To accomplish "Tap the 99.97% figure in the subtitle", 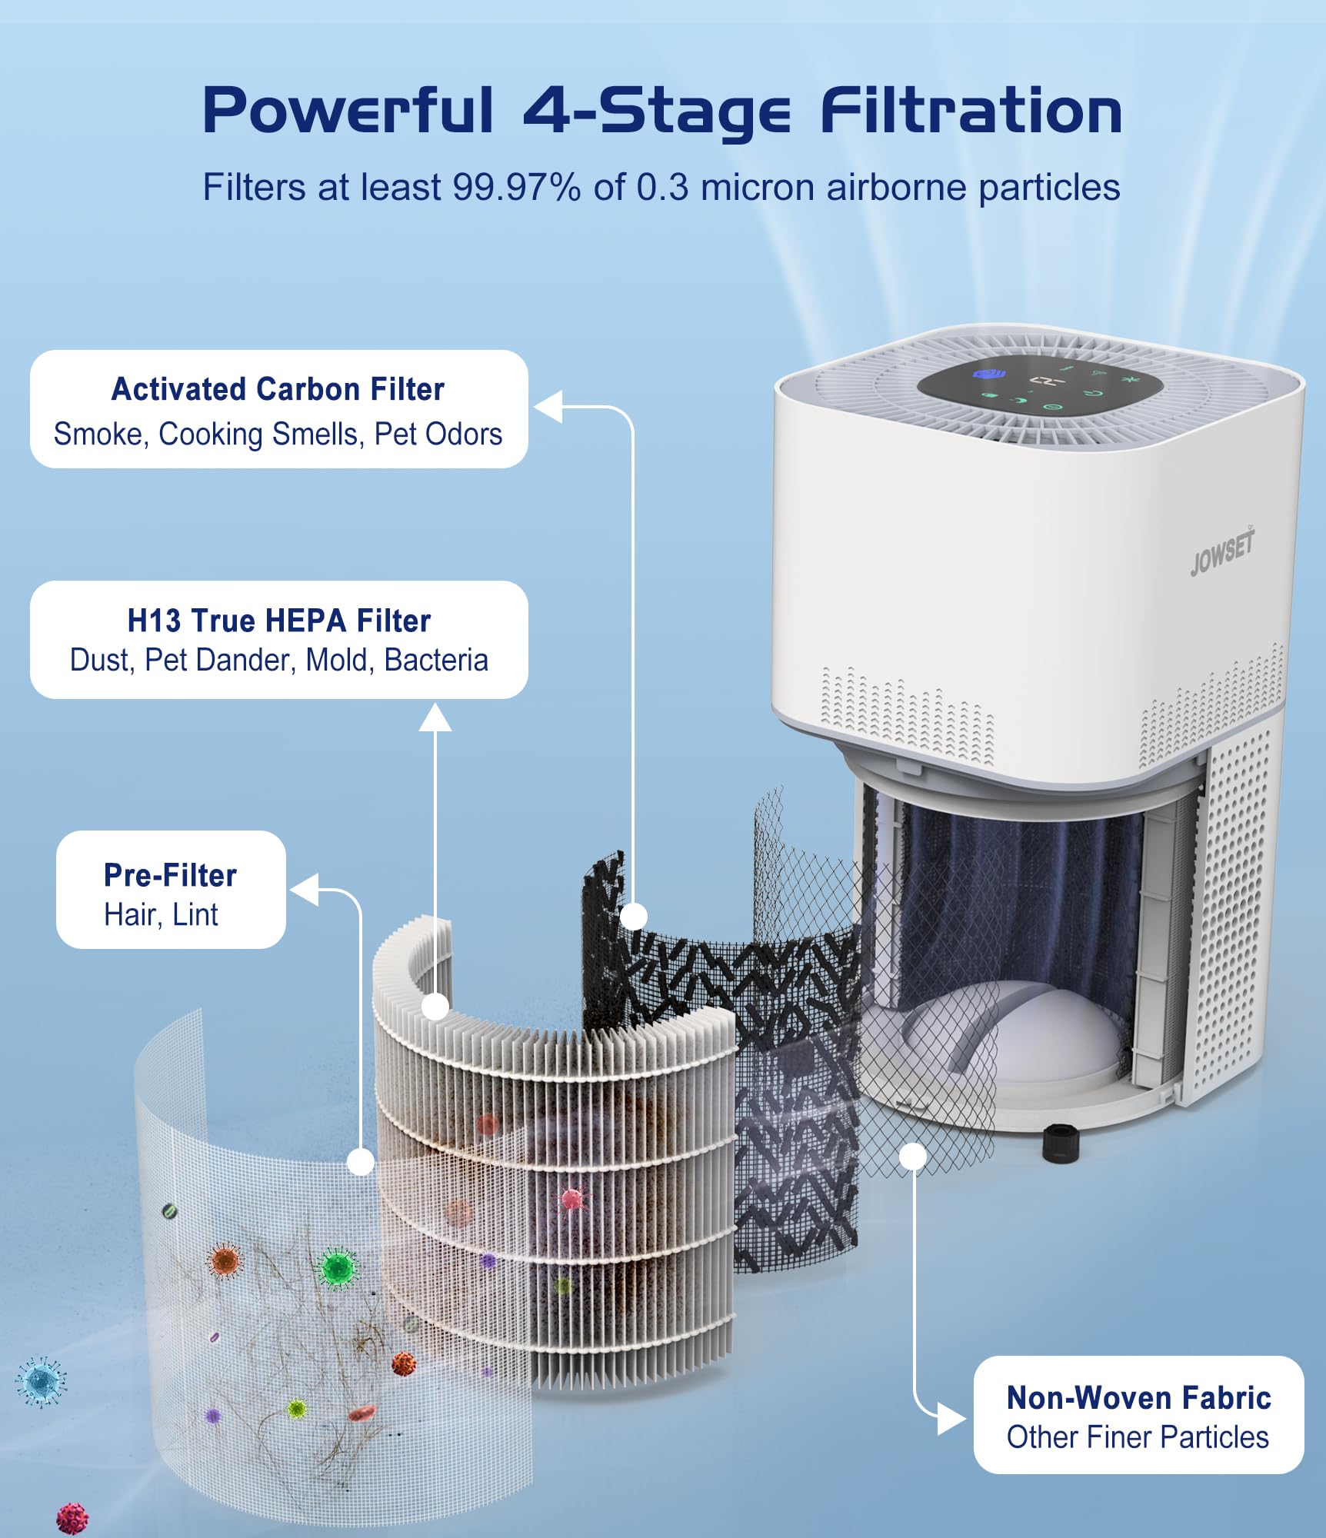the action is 517,187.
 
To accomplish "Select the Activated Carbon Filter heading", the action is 278,389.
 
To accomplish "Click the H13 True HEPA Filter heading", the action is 278,621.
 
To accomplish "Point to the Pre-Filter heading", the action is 170,875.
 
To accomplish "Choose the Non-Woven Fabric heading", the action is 1138,1397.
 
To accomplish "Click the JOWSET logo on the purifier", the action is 1222,551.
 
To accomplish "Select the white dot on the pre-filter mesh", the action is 360,1161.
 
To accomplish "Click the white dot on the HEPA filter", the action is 435,1006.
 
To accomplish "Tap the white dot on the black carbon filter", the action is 633,917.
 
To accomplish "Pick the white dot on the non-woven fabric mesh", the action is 913,1157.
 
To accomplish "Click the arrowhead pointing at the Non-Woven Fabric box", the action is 951,1418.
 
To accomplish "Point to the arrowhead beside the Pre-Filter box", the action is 305,890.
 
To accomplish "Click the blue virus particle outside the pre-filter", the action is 41,1382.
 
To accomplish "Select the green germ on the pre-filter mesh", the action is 336,1267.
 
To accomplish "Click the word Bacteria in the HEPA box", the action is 436,660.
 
